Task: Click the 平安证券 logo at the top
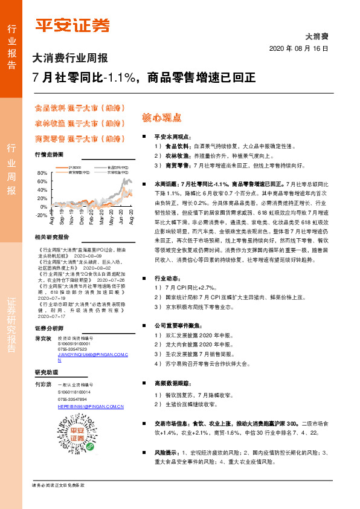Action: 72,25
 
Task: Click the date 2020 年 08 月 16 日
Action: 300,48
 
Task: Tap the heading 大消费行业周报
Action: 70,59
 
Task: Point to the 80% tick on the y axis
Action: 42,173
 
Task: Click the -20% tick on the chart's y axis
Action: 40,215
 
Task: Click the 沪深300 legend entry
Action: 73,167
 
